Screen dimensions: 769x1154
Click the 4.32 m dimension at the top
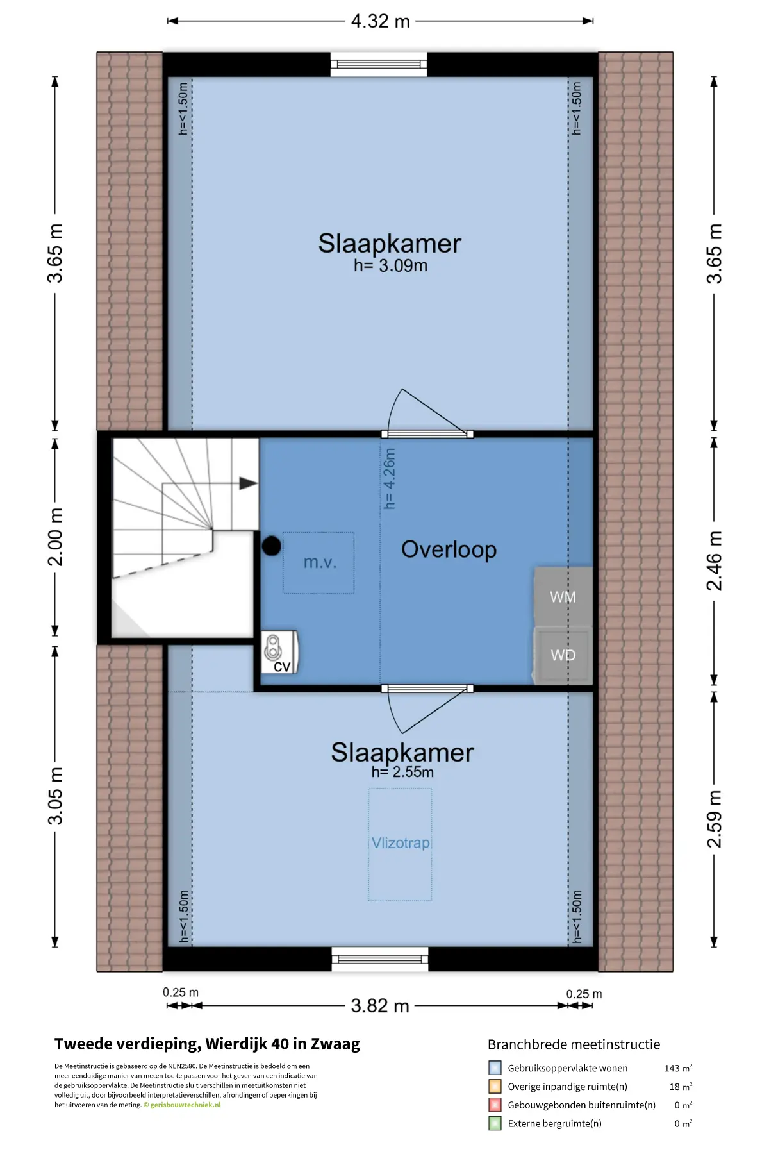point(380,21)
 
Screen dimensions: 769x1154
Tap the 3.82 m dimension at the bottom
point(380,1005)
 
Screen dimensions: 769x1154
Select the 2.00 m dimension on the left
point(56,537)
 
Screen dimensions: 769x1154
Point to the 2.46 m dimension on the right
point(714,560)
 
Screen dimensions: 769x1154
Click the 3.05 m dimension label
point(56,796)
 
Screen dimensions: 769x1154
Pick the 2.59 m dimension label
point(714,819)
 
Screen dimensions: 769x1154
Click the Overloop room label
point(449,550)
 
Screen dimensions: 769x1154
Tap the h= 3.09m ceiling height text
point(390,265)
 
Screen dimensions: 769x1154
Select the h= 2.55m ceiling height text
point(402,772)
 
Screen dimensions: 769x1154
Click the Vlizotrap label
point(401,843)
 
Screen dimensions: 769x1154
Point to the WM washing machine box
point(563,596)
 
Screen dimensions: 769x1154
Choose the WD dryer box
point(563,655)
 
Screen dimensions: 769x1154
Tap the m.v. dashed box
point(318,563)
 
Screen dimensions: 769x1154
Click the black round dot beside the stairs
point(271,546)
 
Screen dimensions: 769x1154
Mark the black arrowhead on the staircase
point(248,483)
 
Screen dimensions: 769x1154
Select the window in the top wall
point(379,64)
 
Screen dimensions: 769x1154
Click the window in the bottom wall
point(380,959)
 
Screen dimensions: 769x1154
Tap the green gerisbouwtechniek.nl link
point(186,1105)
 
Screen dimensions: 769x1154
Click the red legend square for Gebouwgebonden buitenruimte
point(495,1105)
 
